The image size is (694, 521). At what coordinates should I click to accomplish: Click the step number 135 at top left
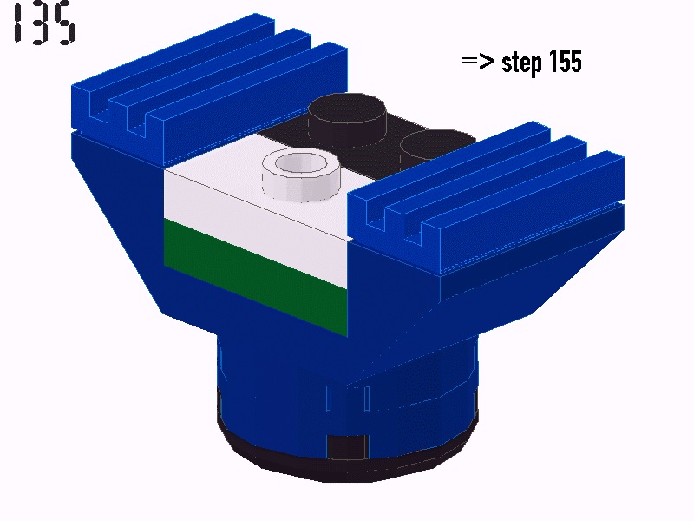(x=43, y=23)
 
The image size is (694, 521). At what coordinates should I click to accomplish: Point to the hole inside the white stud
(x=300, y=162)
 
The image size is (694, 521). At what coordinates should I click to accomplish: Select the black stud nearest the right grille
(x=436, y=145)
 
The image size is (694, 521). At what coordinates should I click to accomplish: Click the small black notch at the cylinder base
(x=348, y=448)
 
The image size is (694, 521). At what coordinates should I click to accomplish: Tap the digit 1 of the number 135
(x=16, y=23)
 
